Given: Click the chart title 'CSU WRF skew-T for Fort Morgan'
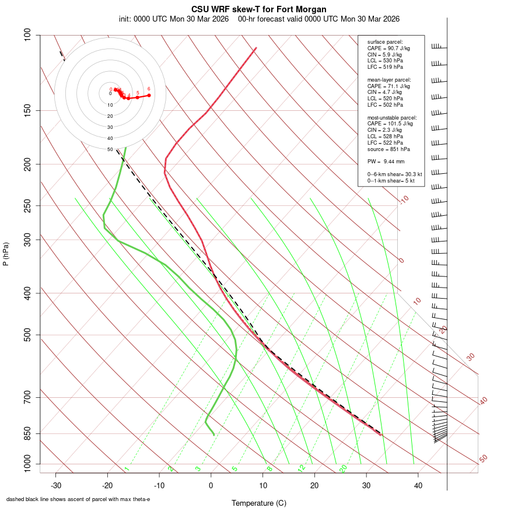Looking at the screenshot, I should click(259, 9).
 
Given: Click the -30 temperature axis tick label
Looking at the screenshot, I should click(56, 485).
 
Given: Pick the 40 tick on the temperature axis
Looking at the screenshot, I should click(418, 485).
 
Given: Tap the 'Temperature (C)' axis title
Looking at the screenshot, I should click(259, 503).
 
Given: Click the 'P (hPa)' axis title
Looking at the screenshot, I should click(6, 254).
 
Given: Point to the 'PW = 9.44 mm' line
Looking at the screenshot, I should click(386, 162).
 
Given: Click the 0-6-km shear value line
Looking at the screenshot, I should click(394, 174).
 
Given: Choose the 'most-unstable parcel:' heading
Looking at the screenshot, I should click(392, 117).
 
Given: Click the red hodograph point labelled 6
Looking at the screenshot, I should click(149, 95).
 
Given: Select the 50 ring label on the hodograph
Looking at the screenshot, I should click(110, 149).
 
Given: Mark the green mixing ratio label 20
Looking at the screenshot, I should click(343, 468).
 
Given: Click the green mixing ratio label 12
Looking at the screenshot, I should click(302, 468).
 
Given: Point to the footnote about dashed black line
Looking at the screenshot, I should click(78, 499).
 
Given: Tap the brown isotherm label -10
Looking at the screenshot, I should click(403, 199).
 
